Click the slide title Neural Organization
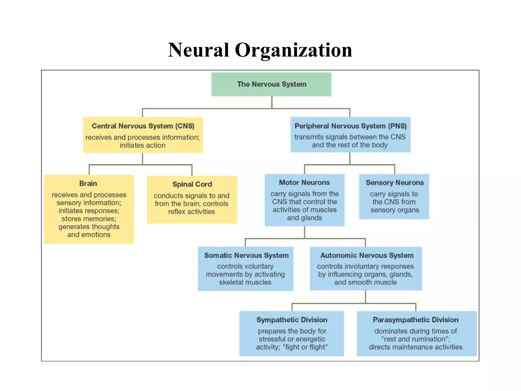coord(260,50)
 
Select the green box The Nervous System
coord(271,84)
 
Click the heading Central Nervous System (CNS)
coord(143,126)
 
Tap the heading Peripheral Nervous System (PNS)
coord(350,126)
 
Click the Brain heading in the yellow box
coord(88,184)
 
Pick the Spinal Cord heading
coord(192,184)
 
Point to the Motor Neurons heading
coord(304,183)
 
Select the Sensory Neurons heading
coord(395,183)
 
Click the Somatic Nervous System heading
coord(246,255)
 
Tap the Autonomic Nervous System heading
coord(367,255)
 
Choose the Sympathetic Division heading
coord(292,320)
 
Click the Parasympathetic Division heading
coord(415,320)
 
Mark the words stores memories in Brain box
coord(89,219)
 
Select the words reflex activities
coord(191,212)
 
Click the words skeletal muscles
coord(245,282)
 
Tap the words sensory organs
coord(395,210)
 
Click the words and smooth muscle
coord(365,282)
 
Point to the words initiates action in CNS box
coord(142,145)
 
